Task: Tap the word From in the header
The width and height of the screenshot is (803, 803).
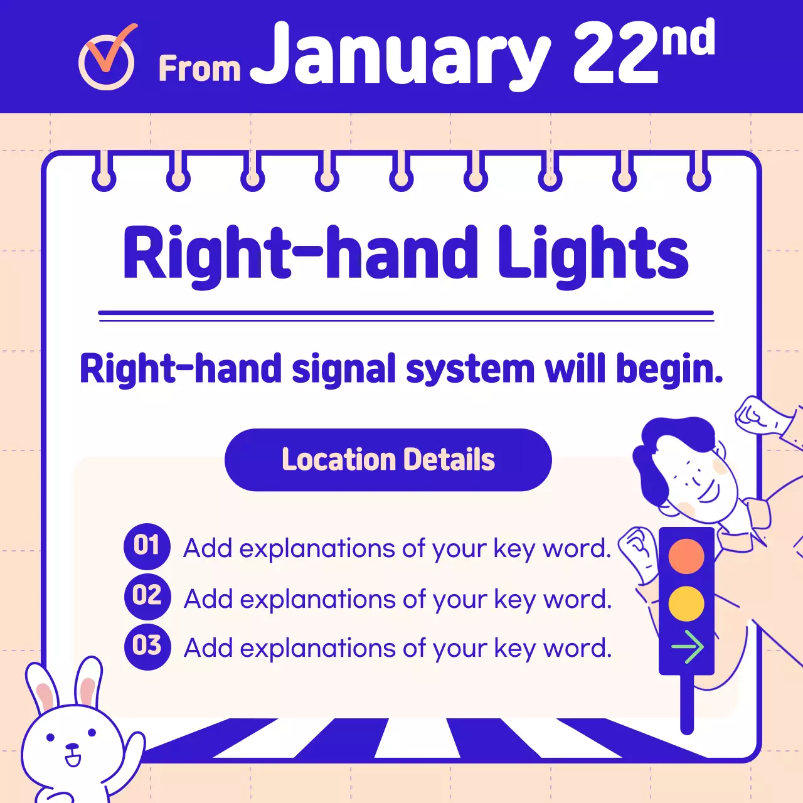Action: [x=199, y=68]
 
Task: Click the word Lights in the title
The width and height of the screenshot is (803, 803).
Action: [x=593, y=254]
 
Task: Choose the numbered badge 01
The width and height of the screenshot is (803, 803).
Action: [x=147, y=546]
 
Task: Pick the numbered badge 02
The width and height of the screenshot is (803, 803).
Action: [x=147, y=595]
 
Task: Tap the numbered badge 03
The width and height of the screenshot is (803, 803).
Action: [x=147, y=646]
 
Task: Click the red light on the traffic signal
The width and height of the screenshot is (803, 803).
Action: [x=686, y=556]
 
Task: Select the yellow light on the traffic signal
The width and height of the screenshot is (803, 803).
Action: [x=686, y=604]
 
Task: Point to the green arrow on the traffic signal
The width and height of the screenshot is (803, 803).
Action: [x=688, y=647]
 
